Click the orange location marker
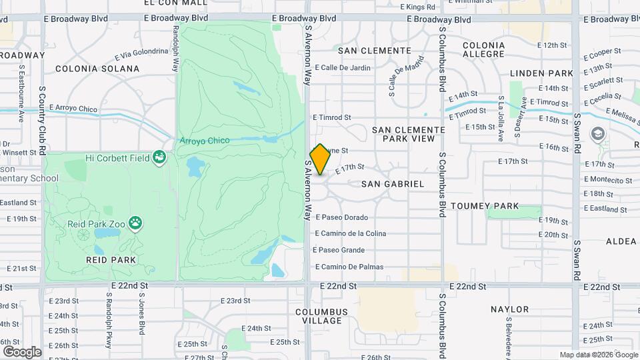(x=320, y=159)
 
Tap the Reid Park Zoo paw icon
(x=136, y=223)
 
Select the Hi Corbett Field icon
(x=159, y=157)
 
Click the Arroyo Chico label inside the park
(x=204, y=141)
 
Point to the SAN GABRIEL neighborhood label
(x=393, y=183)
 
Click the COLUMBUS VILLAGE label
(x=322, y=316)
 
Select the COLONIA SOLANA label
(x=97, y=69)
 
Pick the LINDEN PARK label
(x=541, y=73)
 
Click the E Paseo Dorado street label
(x=341, y=217)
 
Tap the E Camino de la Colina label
(x=350, y=233)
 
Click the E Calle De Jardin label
(x=342, y=67)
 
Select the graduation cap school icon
(x=597, y=133)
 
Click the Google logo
(x=22, y=351)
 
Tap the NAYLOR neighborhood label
(x=509, y=309)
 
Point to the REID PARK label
(x=111, y=259)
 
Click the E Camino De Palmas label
(x=349, y=267)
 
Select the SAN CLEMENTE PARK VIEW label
(x=408, y=134)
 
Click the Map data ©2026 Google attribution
(x=598, y=355)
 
